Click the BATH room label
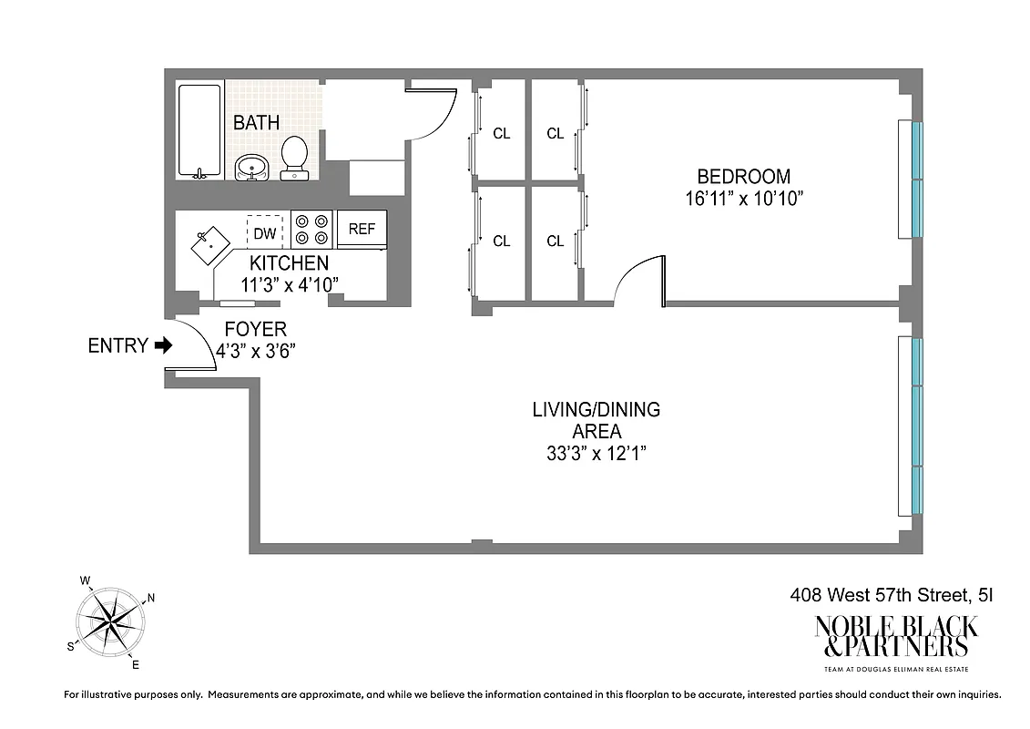click(x=256, y=122)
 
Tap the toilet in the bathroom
click(x=293, y=158)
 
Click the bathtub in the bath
click(x=199, y=131)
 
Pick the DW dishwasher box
click(x=264, y=233)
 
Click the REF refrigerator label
click(x=362, y=230)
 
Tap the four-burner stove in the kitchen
click(x=310, y=229)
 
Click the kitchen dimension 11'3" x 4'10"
click(x=289, y=284)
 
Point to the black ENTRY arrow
click(x=163, y=345)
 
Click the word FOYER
click(x=255, y=329)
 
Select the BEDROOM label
click(x=743, y=177)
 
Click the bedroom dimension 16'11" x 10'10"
click(x=743, y=198)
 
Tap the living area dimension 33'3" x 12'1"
click(x=596, y=453)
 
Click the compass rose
click(x=110, y=621)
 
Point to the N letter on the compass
click(x=151, y=599)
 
